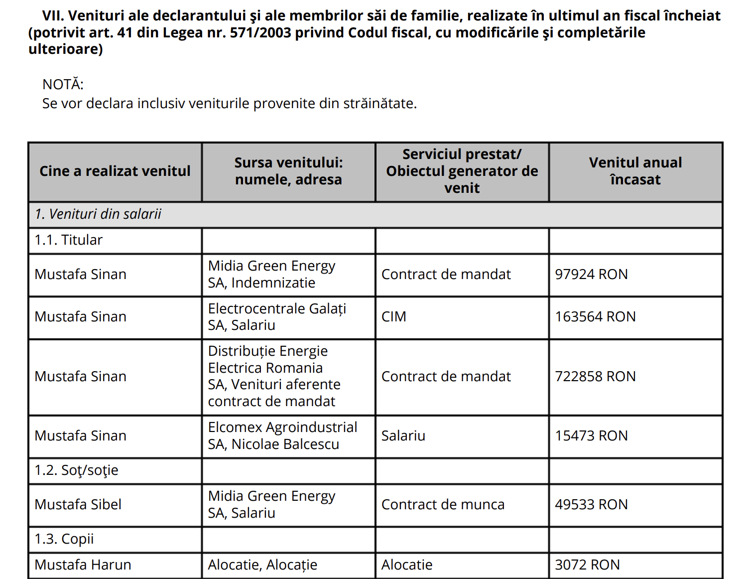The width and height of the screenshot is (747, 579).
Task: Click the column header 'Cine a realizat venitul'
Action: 115,171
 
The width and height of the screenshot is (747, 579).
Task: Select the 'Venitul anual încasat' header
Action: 635,171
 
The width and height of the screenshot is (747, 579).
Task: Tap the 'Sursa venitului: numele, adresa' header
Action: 288,171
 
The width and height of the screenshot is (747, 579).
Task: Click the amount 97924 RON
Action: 591,275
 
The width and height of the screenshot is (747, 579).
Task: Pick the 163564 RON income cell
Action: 595,317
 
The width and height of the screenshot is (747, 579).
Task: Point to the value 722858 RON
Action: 595,377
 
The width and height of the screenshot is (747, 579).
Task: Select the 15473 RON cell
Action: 591,436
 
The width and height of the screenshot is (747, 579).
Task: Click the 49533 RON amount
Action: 591,505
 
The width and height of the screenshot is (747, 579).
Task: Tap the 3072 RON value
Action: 587,565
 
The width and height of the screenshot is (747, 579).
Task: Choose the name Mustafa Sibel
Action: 78,505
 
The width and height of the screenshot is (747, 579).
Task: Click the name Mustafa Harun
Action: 83,565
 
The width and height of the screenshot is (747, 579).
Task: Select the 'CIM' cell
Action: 394,317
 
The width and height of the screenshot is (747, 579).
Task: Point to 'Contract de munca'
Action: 443,505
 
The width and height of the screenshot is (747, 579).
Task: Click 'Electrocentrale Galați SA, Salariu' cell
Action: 277,317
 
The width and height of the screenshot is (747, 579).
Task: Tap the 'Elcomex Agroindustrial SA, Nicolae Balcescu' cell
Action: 282,436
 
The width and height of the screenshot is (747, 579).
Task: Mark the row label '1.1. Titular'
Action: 68,240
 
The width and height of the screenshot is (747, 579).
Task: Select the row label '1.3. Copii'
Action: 64,539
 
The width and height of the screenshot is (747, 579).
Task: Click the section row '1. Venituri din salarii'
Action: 98,214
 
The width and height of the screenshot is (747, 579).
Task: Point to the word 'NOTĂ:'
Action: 63,85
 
